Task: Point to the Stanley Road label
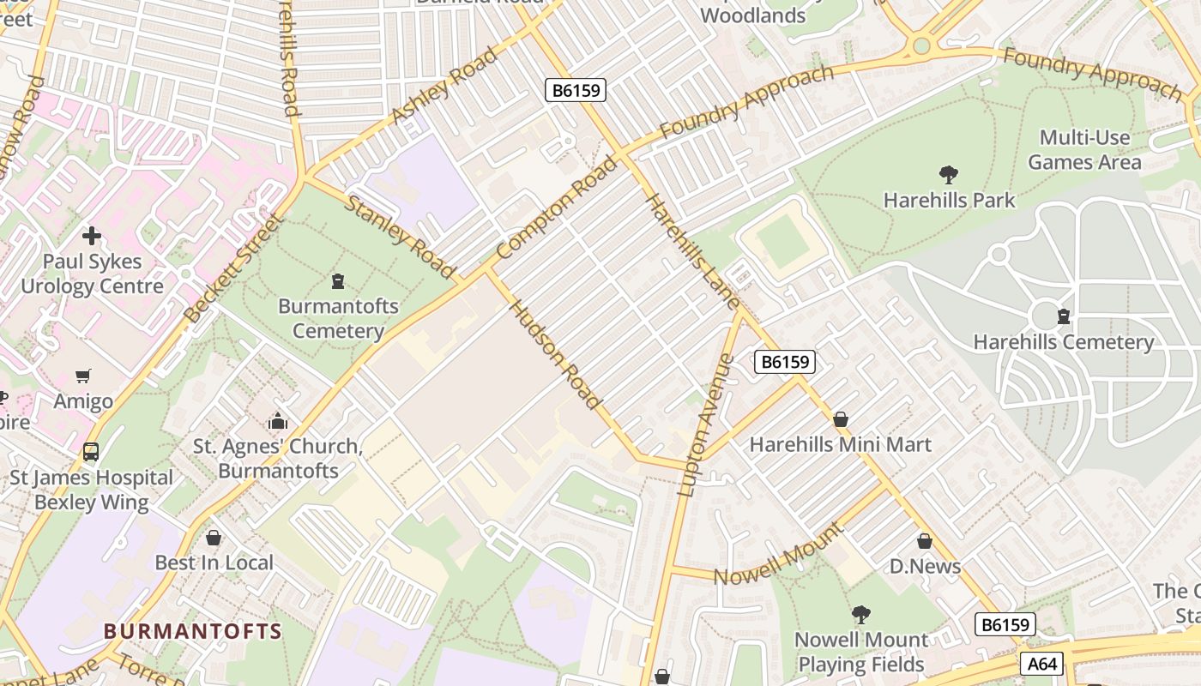pyautogui.click(x=400, y=237)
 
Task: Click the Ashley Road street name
pyautogui.click(x=444, y=86)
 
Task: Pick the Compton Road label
pyautogui.click(x=556, y=208)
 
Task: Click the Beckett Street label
pyautogui.click(x=232, y=268)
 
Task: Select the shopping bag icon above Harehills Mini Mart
pyautogui.click(x=841, y=419)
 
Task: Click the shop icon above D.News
pyautogui.click(x=924, y=541)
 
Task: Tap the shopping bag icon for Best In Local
pyautogui.click(x=214, y=538)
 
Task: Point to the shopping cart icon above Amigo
pyautogui.click(x=83, y=376)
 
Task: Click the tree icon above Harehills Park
pyautogui.click(x=949, y=175)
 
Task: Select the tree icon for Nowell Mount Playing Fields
pyautogui.click(x=860, y=615)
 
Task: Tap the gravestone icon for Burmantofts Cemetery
pyautogui.click(x=338, y=281)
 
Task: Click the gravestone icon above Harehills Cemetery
pyautogui.click(x=1064, y=316)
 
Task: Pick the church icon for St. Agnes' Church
pyautogui.click(x=277, y=421)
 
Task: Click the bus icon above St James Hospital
pyautogui.click(x=91, y=452)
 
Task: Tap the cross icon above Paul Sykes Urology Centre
pyautogui.click(x=92, y=236)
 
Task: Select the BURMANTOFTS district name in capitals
pyautogui.click(x=192, y=632)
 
